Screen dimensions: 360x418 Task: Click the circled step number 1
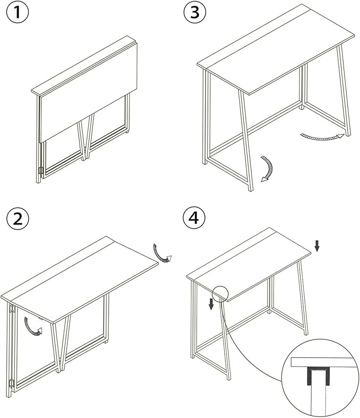(17, 12)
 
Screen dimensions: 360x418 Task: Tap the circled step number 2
(17, 219)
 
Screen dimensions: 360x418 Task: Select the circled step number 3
(195, 12)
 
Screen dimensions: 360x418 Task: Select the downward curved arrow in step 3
(269, 169)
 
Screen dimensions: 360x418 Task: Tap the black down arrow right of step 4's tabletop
(317, 246)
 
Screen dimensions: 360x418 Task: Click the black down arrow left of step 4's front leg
(211, 304)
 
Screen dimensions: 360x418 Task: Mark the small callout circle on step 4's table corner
(221, 293)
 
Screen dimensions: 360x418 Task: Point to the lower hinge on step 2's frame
(12, 384)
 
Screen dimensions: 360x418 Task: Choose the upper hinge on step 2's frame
(12, 308)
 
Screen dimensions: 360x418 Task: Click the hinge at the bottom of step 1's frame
(41, 171)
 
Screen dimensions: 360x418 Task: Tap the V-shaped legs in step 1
(86, 137)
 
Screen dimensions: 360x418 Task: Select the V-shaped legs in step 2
(62, 344)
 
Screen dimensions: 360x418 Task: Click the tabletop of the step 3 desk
(276, 49)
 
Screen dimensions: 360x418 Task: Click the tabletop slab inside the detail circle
(324, 362)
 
